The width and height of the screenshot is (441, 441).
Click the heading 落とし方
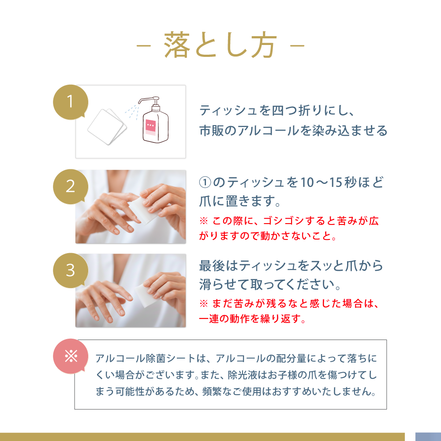pos(220,45)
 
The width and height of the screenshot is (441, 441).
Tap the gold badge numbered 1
pos(70,102)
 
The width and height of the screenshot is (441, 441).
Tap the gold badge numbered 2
pos(70,186)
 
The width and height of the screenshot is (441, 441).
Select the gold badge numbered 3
pos(70,270)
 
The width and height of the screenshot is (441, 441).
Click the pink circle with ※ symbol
pos(70,355)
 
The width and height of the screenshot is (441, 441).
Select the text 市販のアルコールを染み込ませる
pos(293,131)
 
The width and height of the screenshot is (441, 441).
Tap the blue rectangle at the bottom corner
pos(428,437)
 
